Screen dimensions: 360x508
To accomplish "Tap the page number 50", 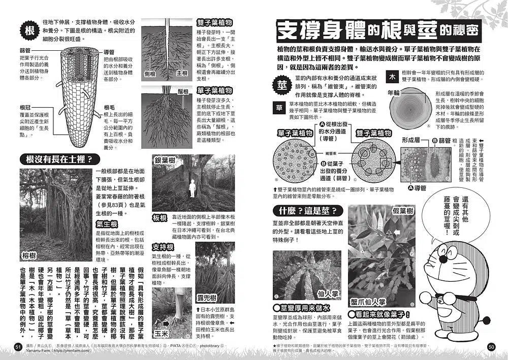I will pyautogui.click(x=490, y=346).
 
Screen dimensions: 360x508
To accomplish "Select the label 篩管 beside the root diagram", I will pyautogui.click(x=25, y=51).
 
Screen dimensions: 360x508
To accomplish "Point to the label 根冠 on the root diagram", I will pyautogui.click(x=25, y=108).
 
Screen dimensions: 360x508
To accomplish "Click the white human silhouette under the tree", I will pyautogui.click(x=193, y=188).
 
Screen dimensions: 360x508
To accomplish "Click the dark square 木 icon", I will pyautogui.click(x=392, y=77).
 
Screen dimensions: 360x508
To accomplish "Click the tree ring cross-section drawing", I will pyautogui.click(x=409, y=111).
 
